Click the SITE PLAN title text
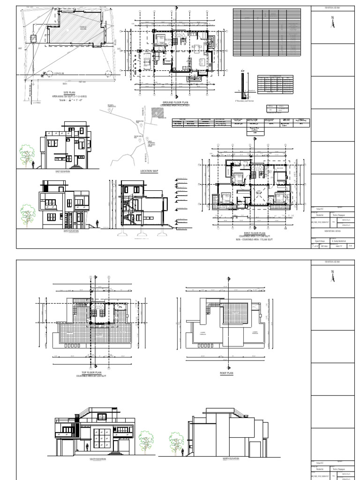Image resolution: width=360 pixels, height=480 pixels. (x=69, y=93)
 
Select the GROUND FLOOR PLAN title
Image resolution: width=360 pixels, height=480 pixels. (x=174, y=102)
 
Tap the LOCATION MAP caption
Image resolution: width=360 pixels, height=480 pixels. (x=150, y=171)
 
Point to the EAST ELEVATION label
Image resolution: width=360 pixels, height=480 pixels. (x=63, y=172)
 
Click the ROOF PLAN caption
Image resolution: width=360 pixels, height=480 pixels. (x=227, y=373)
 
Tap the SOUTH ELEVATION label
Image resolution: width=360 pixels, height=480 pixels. (x=95, y=459)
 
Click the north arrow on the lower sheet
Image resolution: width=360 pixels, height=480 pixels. (x=333, y=277)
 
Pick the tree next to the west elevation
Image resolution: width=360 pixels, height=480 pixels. (x=28, y=215)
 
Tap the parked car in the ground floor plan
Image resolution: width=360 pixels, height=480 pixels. (x=146, y=60)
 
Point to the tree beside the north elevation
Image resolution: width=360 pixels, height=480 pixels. (x=177, y=442)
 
